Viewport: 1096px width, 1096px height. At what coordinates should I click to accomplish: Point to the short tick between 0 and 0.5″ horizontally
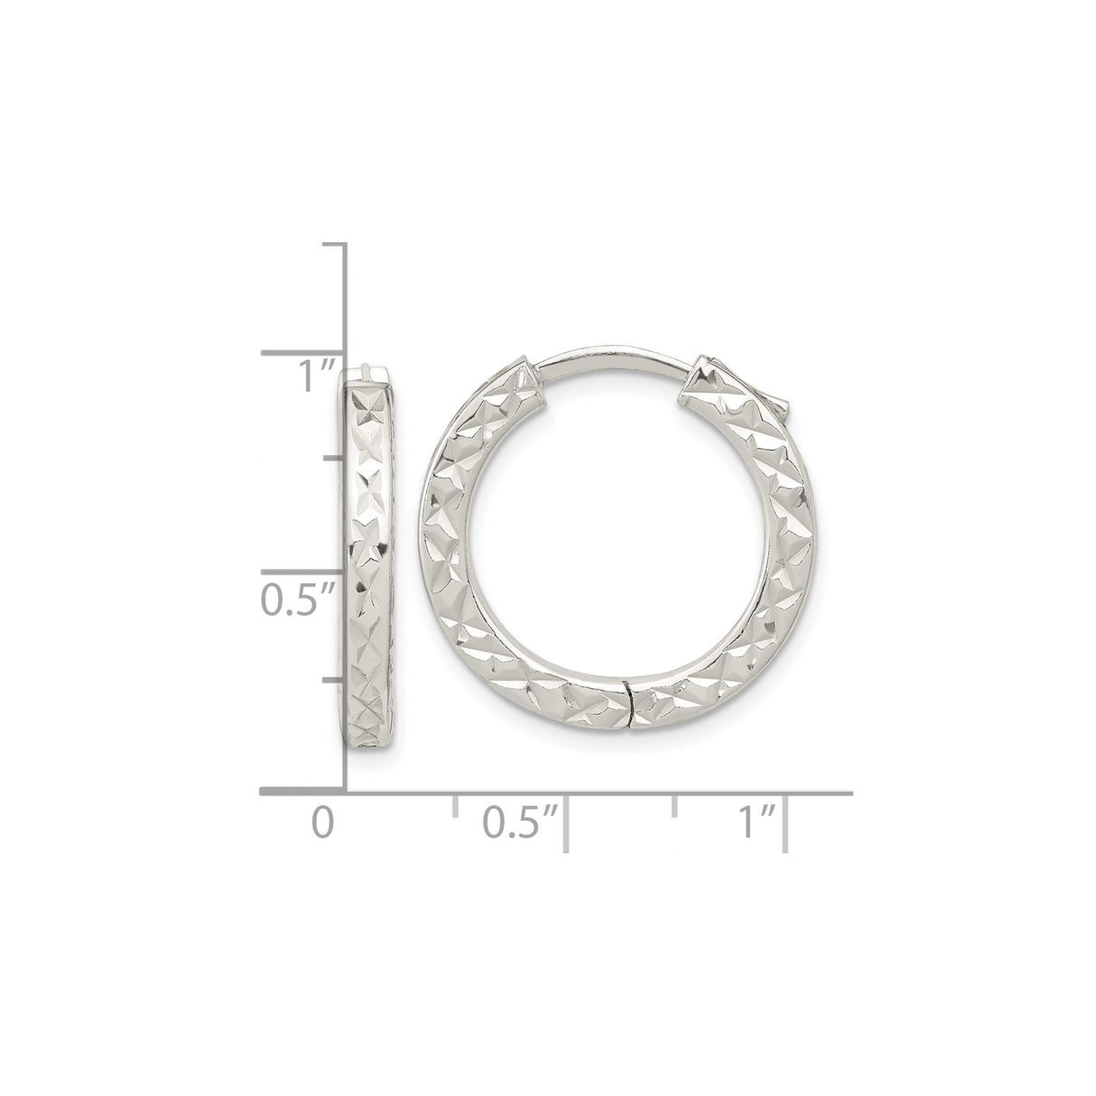[455, 806]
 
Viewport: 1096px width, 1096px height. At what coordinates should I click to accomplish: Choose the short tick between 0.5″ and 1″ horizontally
[674, 806]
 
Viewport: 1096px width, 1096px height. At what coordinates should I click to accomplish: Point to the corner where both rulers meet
[348, 793]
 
